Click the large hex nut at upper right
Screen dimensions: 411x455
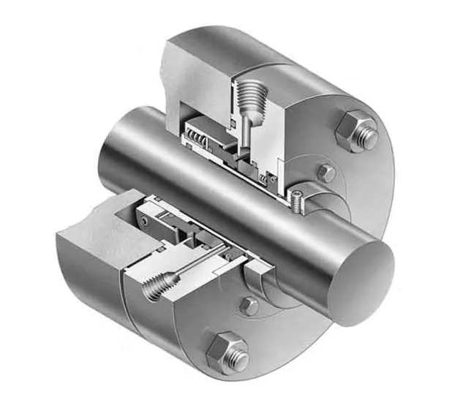[357, 131]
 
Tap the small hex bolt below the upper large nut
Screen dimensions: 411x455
[326, 173]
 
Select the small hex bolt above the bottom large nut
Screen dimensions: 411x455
[250, 306]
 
